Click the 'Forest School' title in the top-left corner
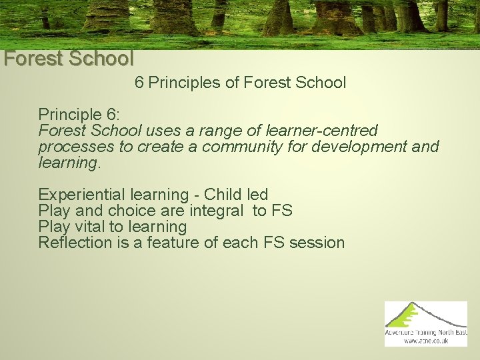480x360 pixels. pyautogui.click(x=68, y=59)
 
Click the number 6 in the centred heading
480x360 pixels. pyautogui.click(x=139, y=83)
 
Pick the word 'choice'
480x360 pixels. pyautogui.click(x=131, y=211)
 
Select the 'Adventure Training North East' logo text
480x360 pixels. pyautogui.click(x=426, y=331)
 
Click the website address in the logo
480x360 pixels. pyautogui.click(x=426, y=341)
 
